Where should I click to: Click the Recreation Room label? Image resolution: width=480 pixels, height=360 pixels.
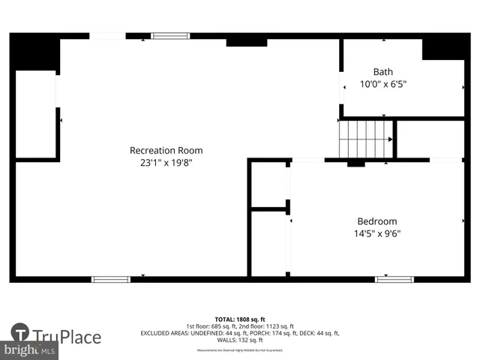166,150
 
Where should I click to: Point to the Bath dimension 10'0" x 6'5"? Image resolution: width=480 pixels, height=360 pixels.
383,84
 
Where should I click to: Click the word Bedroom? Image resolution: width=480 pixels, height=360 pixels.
376,221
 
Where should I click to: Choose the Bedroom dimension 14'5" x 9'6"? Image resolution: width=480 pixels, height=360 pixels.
377,233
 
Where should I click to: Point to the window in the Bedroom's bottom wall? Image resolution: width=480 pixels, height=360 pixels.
394,279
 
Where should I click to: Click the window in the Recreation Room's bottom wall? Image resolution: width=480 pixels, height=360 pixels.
110,279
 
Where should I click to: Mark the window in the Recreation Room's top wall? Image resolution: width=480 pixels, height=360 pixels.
170,35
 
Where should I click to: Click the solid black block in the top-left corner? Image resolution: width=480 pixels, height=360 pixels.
34,52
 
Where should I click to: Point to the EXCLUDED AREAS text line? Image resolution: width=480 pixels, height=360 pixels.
240,334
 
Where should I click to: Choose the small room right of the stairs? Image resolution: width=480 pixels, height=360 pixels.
429,139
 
